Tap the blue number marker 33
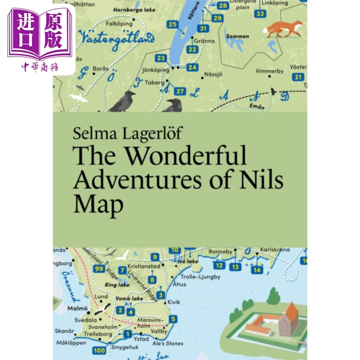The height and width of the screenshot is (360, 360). (x=260, y=13)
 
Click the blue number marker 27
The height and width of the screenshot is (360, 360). (x=180, y=91)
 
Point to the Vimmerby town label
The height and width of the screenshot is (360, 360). (x=269, y=71)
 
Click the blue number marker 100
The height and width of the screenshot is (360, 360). (x=96, y=350)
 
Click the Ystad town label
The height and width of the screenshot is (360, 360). (x=141, y=339)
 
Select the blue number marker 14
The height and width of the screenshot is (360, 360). (x=256, y=270)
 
